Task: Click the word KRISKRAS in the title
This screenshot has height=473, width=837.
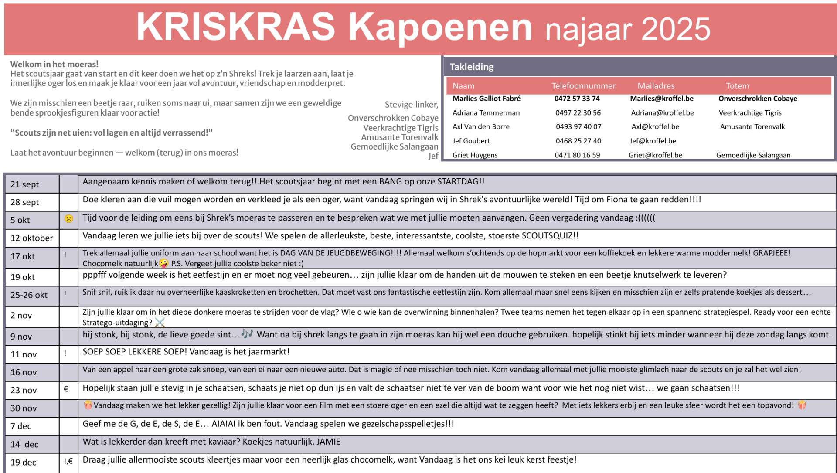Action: pos(235,27)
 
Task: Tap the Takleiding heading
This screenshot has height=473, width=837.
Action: pos(471,67)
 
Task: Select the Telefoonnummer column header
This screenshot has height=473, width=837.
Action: pos(583,86)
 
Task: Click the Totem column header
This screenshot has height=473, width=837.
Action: pos(737,86)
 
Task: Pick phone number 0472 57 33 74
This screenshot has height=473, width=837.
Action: pos(577,99)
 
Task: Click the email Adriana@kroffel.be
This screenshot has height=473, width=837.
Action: pos(662,113)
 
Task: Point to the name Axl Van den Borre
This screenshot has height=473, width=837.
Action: pos(481,127)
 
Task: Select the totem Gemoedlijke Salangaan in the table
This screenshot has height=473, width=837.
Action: pos(753,155)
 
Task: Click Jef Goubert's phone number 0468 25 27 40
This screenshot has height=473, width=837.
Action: pos(578,141)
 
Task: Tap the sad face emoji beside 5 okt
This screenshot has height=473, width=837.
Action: pos(68,219)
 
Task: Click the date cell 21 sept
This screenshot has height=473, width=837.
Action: pos(25,184)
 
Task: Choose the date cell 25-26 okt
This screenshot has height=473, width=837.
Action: pos(29,295)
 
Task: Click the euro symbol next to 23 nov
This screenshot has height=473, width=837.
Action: pos(66,389)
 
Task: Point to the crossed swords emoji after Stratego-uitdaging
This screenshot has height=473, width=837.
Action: pos(160,323)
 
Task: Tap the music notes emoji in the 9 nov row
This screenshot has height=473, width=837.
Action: pos(247,334)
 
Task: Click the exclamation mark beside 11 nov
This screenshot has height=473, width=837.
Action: pos(65,354)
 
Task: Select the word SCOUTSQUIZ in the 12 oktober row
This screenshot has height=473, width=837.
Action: pos(547,236)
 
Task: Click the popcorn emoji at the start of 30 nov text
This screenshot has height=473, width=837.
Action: pos(88,405)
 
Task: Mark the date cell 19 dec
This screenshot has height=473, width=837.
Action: pos(24,463)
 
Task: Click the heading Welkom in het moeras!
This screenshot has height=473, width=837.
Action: pos(54,65)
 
